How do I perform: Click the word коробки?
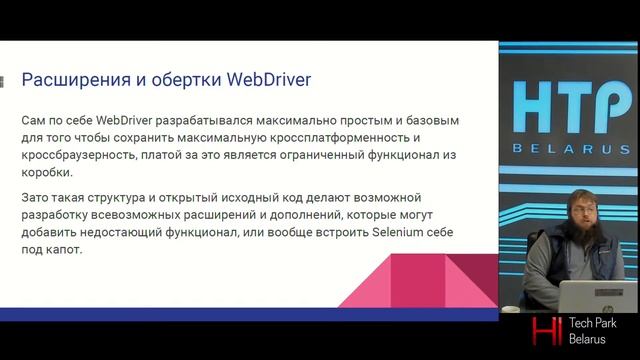click(x=46, y=173)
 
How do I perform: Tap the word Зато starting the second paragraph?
click(x=38, y=196)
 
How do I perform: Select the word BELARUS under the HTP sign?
click(x=571, y=149)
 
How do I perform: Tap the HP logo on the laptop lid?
click(x=599, y=298)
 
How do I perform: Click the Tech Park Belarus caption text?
click(x=594, y=331)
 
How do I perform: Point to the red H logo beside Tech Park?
click(x=546, y=331)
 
